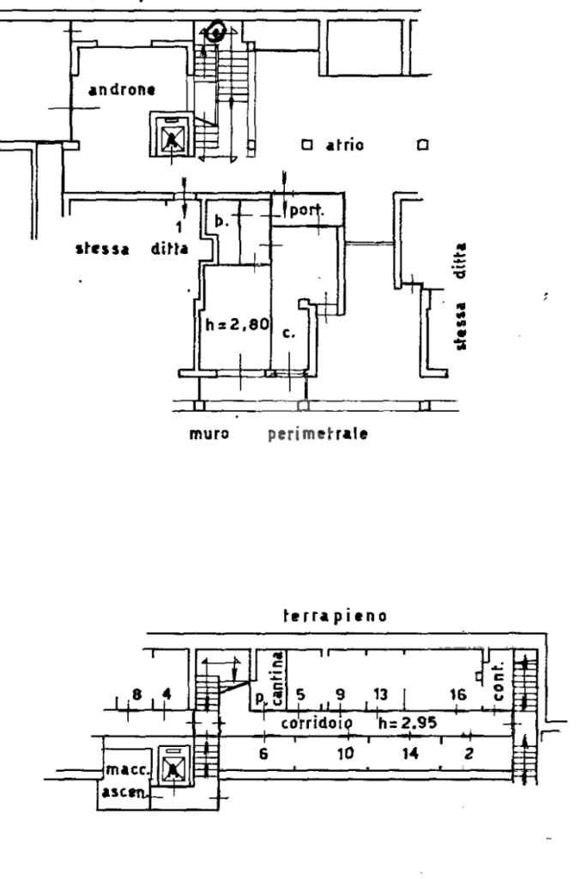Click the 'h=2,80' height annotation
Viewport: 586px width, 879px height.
click(x=237, y=326)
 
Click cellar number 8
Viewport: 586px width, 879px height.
click(x=136, y=694)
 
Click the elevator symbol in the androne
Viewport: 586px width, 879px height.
click(x=173, y=136)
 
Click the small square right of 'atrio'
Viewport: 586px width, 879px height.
click(x=421, y=145)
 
